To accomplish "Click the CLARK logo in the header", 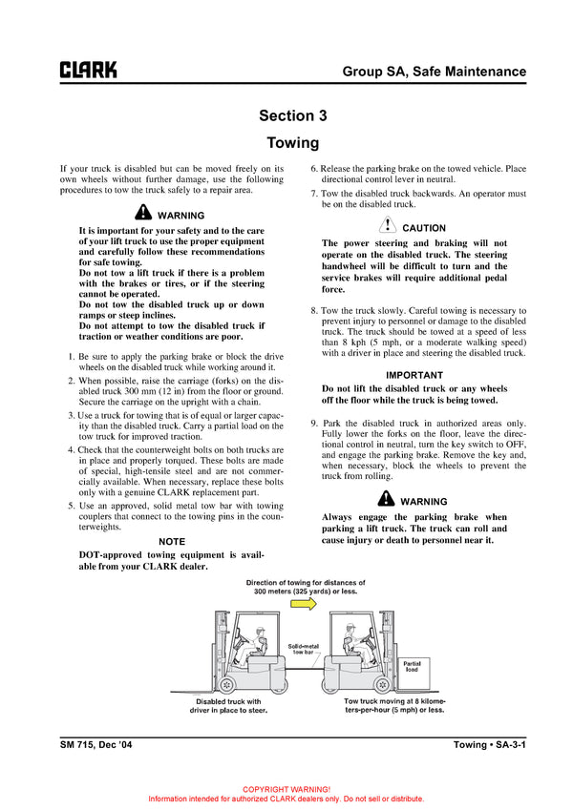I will tap(89, 71).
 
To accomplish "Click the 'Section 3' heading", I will tap(292, 115).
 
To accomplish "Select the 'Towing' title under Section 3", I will tap(292, 143).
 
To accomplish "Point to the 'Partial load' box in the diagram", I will tap(412, 666).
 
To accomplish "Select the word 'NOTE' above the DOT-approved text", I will tap(172, 541).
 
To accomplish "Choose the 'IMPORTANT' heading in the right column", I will tap(414, 375).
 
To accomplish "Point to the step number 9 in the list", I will tap(315, 423).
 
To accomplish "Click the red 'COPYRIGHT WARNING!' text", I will tap(286, 789).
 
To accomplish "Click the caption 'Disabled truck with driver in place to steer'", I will tap(227, 706).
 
